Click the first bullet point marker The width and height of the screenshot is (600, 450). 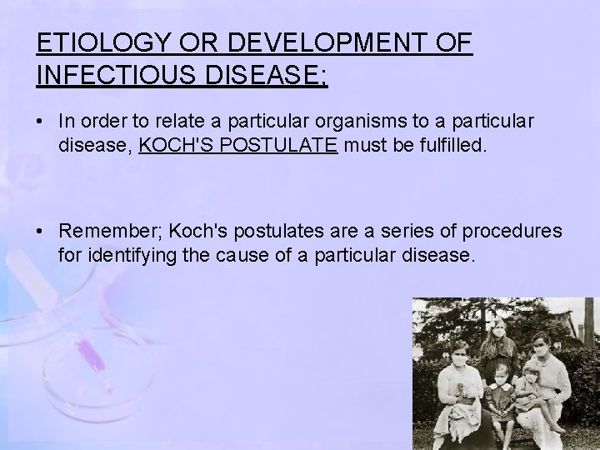coord(41,122)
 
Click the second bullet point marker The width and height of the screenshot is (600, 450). coord(41,230)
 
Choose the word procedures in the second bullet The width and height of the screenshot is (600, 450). coord(513,230)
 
